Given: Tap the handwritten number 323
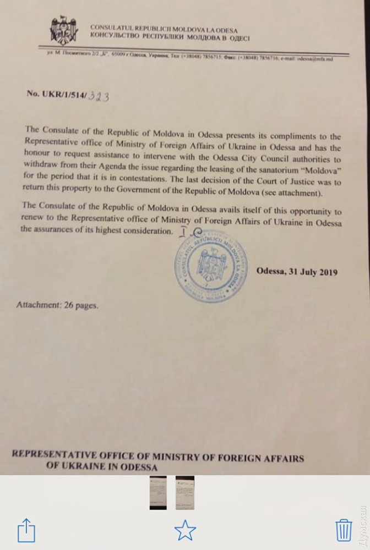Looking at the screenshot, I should [99, 95].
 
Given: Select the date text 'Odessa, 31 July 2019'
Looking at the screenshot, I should [296, 272].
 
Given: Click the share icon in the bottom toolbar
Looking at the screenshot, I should [26, 531].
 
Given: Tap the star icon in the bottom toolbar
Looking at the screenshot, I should [185, 531].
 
